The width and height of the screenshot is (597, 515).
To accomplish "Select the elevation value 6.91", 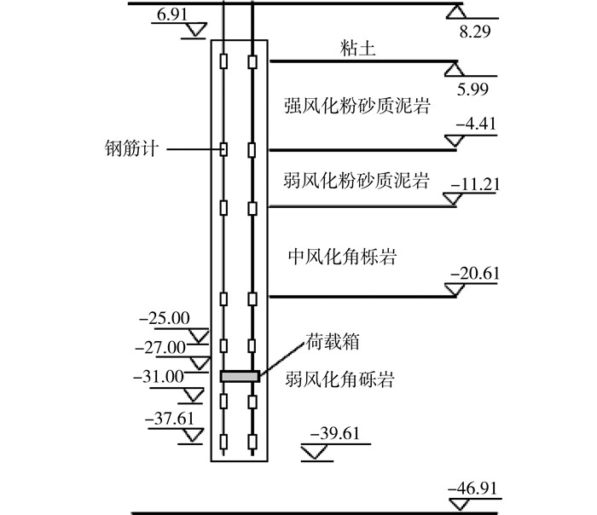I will [171, 14].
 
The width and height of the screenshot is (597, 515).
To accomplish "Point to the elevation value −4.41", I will [478, 124].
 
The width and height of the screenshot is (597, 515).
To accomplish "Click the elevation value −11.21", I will [478, 182].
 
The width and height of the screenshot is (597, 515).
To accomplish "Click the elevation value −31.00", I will [159, 376].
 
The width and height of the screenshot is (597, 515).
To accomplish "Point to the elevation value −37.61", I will [171, 419].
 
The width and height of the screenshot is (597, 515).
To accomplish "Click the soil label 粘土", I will [352, 50].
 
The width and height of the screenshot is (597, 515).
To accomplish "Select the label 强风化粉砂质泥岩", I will [356, 106].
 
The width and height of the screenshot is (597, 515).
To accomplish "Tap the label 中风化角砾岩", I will [341, 257].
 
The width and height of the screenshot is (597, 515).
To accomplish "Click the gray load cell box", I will [239, 376].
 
